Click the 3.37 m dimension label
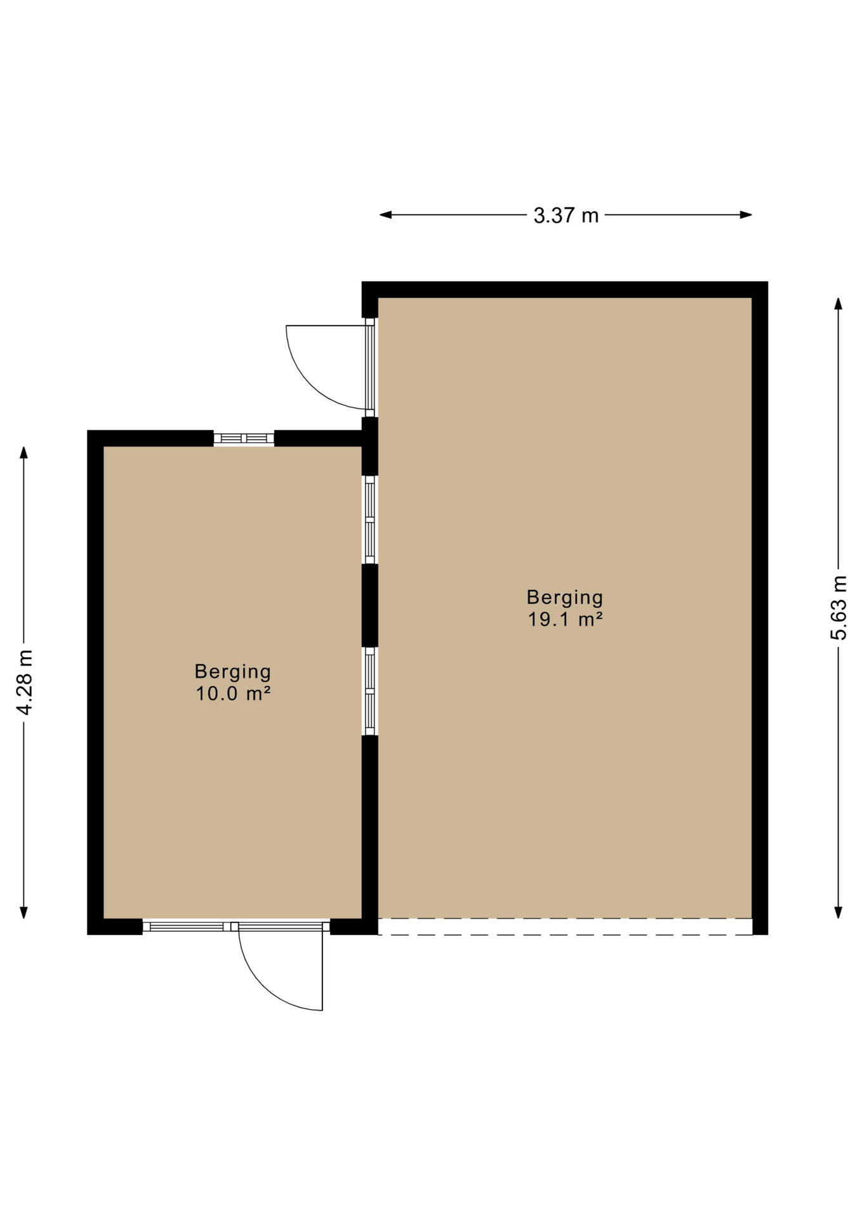(x=566, y=216)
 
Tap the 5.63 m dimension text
(x=839, y=608)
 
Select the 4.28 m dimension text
(x=25, y=683)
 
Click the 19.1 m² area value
(x=565, y=619)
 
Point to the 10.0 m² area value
(x=233, y=693)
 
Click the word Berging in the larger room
(x=565, y=598)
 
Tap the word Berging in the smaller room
(x=233, y=672)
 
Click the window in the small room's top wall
(x=244, y=438)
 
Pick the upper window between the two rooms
(x=370, y=520)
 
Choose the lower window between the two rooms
(x=370, y=691)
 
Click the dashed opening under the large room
(x=565, y=926)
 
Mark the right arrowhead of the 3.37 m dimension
(x=746, y=215)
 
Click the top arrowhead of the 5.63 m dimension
(x=839, y=303)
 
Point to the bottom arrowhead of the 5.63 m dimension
(x=839, y=912)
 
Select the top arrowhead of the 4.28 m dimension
(x=24, y=452)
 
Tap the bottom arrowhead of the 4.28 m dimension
(x=24, y=912)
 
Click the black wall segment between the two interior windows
(x=370, y=606)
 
